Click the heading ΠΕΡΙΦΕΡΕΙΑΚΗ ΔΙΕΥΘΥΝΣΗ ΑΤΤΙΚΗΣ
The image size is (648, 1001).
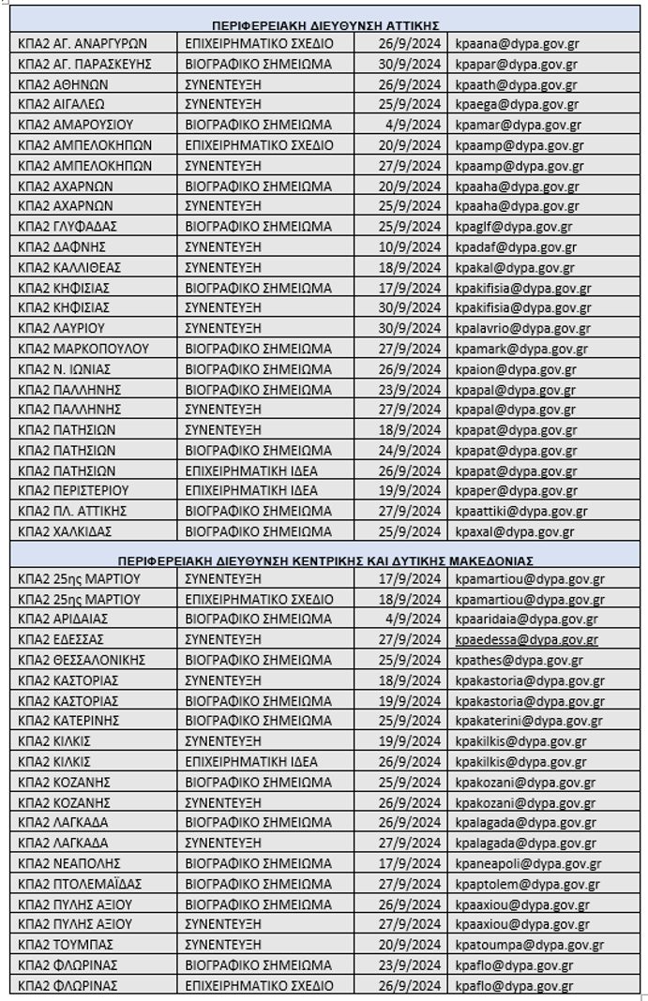tap(325, 25)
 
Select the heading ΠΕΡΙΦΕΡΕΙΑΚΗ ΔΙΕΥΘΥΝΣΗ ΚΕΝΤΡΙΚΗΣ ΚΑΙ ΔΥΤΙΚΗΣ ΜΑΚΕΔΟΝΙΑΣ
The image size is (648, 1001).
tap(325, 560)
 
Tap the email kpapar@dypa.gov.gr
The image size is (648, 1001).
tap(516, 64)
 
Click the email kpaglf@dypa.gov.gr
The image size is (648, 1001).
tap(514, 226)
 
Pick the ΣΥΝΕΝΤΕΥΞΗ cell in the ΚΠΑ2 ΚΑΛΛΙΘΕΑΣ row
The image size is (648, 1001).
tap(222, 267)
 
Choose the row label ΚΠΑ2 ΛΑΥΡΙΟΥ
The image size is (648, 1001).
tap(60, 328)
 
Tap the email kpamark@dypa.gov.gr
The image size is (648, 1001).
tap(521, 349)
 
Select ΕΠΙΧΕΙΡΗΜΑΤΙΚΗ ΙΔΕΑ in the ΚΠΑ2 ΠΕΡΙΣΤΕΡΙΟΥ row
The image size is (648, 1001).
tap(250, 490)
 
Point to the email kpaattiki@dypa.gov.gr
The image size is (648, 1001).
tap(521, 511)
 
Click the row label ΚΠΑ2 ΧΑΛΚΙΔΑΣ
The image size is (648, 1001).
tap(65, 531)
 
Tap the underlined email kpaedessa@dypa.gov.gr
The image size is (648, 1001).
tap(526, 639)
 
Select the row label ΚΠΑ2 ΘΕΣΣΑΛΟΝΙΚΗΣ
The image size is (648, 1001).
tap(82, 660)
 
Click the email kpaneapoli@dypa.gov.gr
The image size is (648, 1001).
tap(528, 863)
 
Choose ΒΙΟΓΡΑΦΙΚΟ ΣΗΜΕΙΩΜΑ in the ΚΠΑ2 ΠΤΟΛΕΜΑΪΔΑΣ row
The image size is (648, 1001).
tap(258, 884)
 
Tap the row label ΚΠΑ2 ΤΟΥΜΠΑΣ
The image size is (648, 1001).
tap(65, 945)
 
